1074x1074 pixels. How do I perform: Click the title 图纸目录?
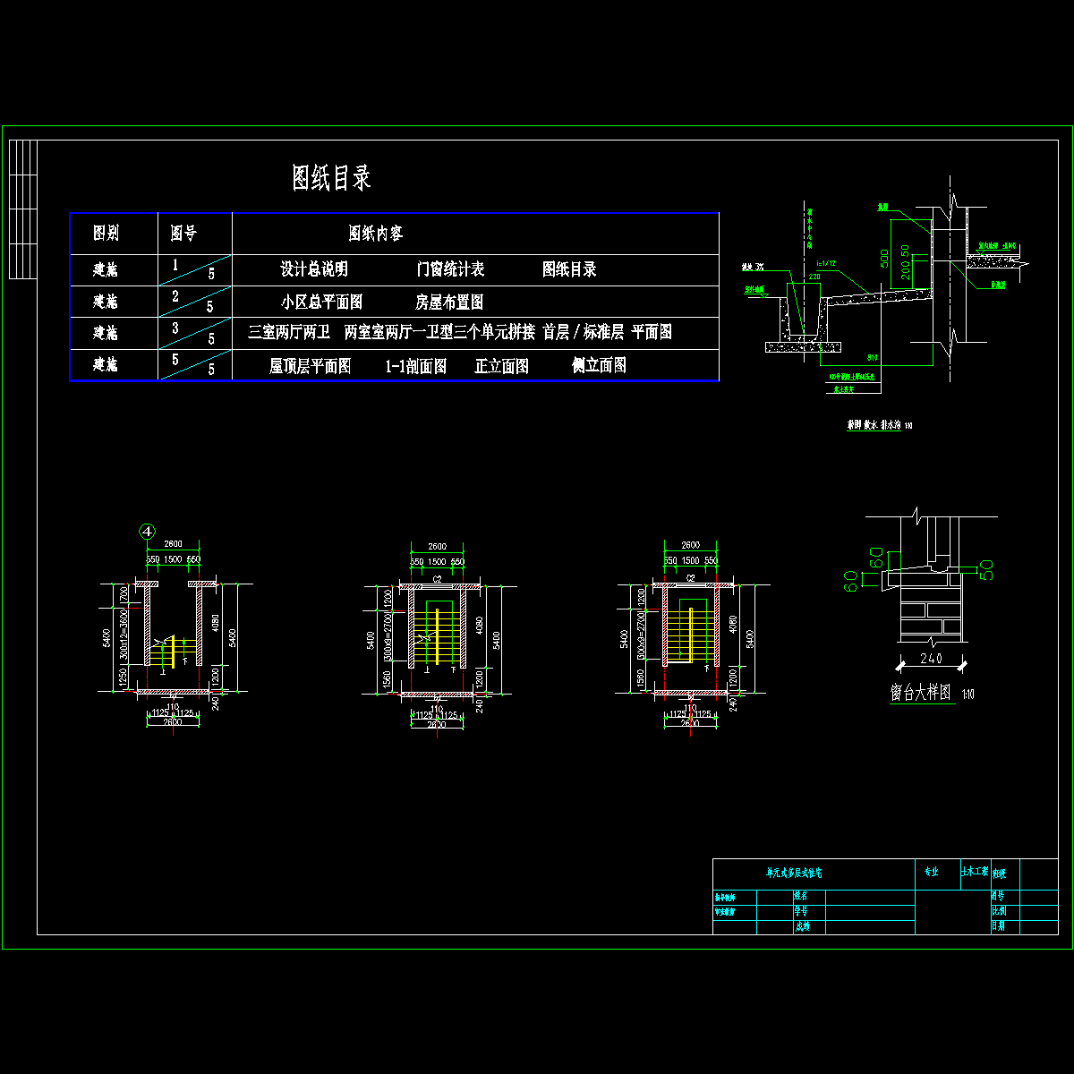(331, 178)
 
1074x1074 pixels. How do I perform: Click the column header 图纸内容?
(376, 234)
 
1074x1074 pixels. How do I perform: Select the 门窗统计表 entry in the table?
(451, 269)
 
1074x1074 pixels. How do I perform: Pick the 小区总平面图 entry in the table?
(321, 302)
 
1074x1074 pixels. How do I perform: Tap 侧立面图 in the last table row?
(599, 365)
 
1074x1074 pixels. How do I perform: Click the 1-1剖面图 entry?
(416, 366)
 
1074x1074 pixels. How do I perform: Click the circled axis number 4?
(148, 531)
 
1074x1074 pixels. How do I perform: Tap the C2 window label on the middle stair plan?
(438, 580)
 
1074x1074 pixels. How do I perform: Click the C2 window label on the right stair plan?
(691, 579)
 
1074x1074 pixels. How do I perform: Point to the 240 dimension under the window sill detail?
(932, 659)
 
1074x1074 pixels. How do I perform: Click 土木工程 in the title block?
(974, 871)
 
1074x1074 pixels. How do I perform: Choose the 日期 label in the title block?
(998, 926)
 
